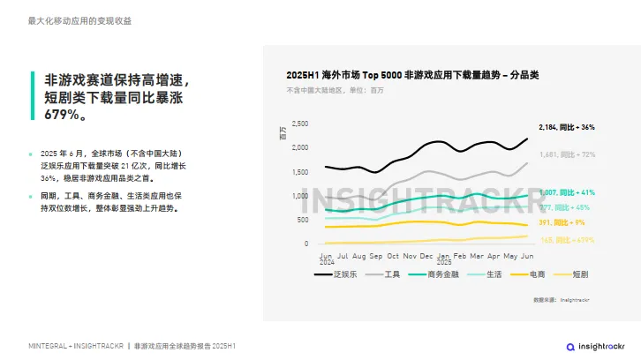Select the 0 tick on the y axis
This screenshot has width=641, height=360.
tap(306, 244)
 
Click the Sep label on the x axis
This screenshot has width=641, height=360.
tap(376, 255)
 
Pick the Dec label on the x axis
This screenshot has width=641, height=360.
tap(426, 255)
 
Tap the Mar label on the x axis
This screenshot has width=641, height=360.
tap(477, 255)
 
